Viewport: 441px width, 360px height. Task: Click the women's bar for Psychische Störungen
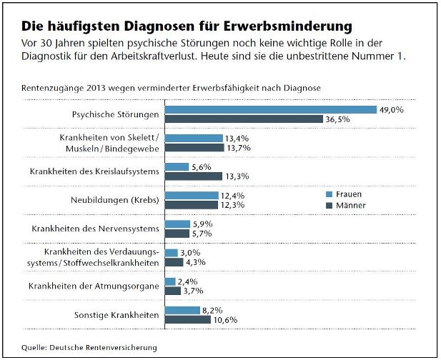click(x=270, y=109)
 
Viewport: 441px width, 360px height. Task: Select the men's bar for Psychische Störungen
click(x=244, y=119)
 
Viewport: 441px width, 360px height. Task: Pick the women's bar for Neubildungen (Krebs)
click(x=192, y=195)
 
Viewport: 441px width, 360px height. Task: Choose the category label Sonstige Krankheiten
click(x=116, y=315)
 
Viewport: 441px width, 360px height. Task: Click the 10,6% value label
click(x=227, y=319)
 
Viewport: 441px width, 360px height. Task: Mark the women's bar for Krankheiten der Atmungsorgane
click(x=170, y=281)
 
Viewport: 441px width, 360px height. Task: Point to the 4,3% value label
click(x=195, y=262)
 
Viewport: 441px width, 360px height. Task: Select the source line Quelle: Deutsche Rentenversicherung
click(x=88, y=348)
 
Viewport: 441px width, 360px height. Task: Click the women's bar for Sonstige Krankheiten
click(x=182, y=310)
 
